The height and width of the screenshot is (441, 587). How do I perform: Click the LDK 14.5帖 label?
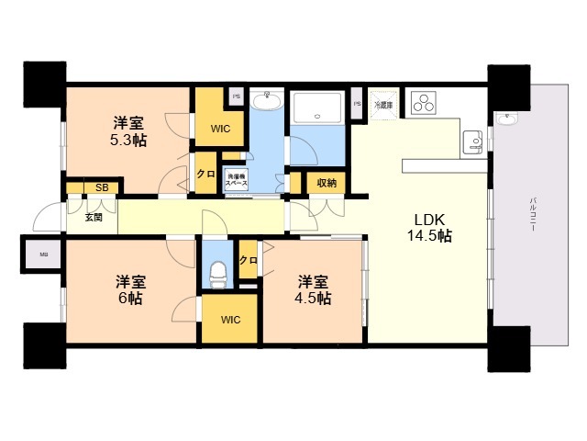click(429, 228)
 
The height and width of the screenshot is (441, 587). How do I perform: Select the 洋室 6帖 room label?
click(129, 290)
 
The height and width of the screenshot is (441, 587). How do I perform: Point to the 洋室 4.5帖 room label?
click(313, 290)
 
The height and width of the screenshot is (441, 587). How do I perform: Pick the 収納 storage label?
click(327, 183)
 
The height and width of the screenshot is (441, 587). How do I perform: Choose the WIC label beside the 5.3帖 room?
click(220, 130)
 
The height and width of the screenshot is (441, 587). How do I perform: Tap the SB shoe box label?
click(101, 188)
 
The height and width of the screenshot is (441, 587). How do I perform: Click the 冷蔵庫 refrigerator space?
click(383, 105)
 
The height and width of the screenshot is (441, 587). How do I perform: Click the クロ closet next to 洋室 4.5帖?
click(248, 260)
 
